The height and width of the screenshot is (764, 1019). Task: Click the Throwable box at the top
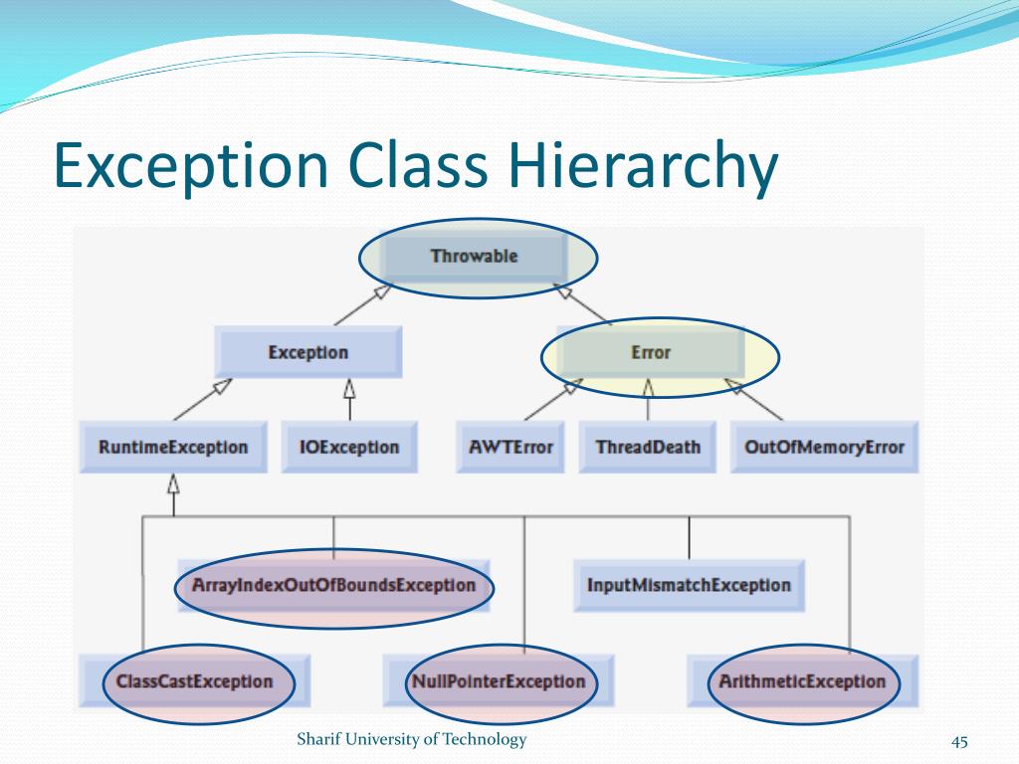475,257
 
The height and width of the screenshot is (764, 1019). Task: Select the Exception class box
308,352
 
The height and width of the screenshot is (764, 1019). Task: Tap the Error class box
651,352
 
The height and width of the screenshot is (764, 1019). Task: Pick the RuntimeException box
173,447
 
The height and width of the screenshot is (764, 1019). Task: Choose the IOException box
349,447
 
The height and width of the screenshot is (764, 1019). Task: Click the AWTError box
510,447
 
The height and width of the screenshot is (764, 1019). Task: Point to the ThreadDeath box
648,447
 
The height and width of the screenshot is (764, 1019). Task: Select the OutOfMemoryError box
825,447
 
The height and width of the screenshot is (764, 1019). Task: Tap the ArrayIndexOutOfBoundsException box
334,585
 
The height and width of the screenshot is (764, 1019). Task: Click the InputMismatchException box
689,585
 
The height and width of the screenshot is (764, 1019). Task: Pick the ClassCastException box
194,681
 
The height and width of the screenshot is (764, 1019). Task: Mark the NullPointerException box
499,681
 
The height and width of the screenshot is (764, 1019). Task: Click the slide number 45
960,741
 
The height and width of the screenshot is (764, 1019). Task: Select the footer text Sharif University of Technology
412,739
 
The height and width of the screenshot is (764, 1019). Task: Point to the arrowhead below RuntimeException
173,485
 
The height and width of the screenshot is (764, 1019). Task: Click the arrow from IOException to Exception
349,400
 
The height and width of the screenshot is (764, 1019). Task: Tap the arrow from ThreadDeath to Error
649,400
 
